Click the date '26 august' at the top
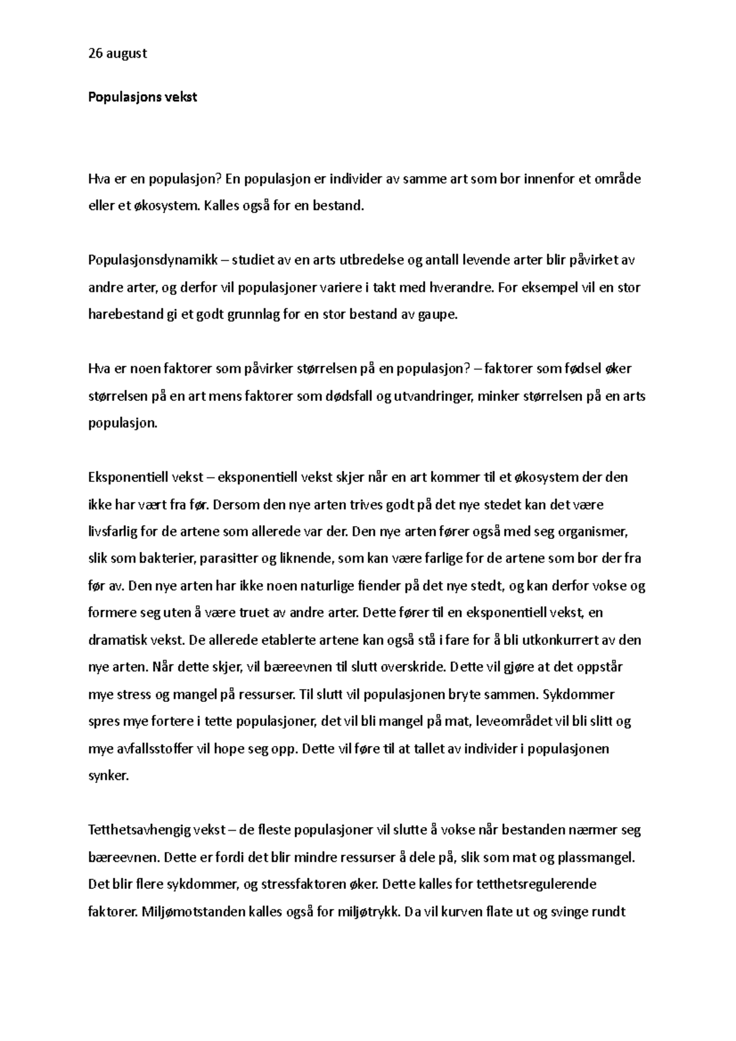118,53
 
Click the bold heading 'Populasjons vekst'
143,97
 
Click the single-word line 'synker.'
109,776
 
